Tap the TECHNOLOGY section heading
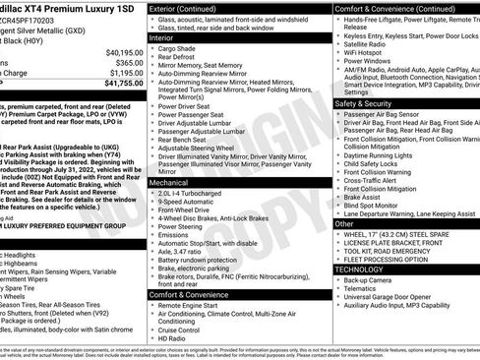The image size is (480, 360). (x=360, y=268)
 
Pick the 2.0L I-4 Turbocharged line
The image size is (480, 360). (x=194, y=194)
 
